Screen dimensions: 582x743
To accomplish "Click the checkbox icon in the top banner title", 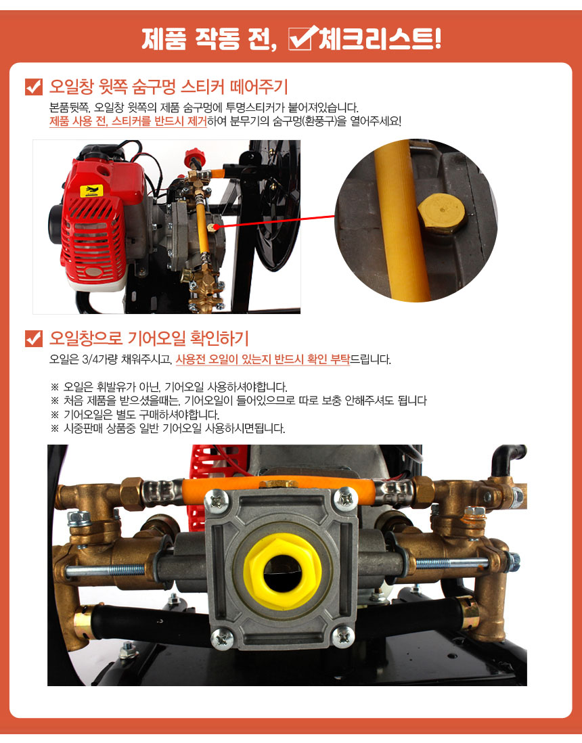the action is point(300,39).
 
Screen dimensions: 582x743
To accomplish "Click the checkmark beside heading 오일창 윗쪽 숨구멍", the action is point(34,87).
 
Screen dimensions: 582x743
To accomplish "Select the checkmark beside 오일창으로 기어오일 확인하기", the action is point(34,338).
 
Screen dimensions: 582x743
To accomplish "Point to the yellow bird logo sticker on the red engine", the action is point(91,191).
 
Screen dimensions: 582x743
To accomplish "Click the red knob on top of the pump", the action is point(194,156).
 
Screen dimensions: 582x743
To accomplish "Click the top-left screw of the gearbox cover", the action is point(218,500).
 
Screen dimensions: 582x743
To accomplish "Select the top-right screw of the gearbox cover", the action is point(346,499).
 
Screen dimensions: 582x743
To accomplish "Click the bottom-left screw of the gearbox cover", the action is point(221,638).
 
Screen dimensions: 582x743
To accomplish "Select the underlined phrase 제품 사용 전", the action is point(79,121).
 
